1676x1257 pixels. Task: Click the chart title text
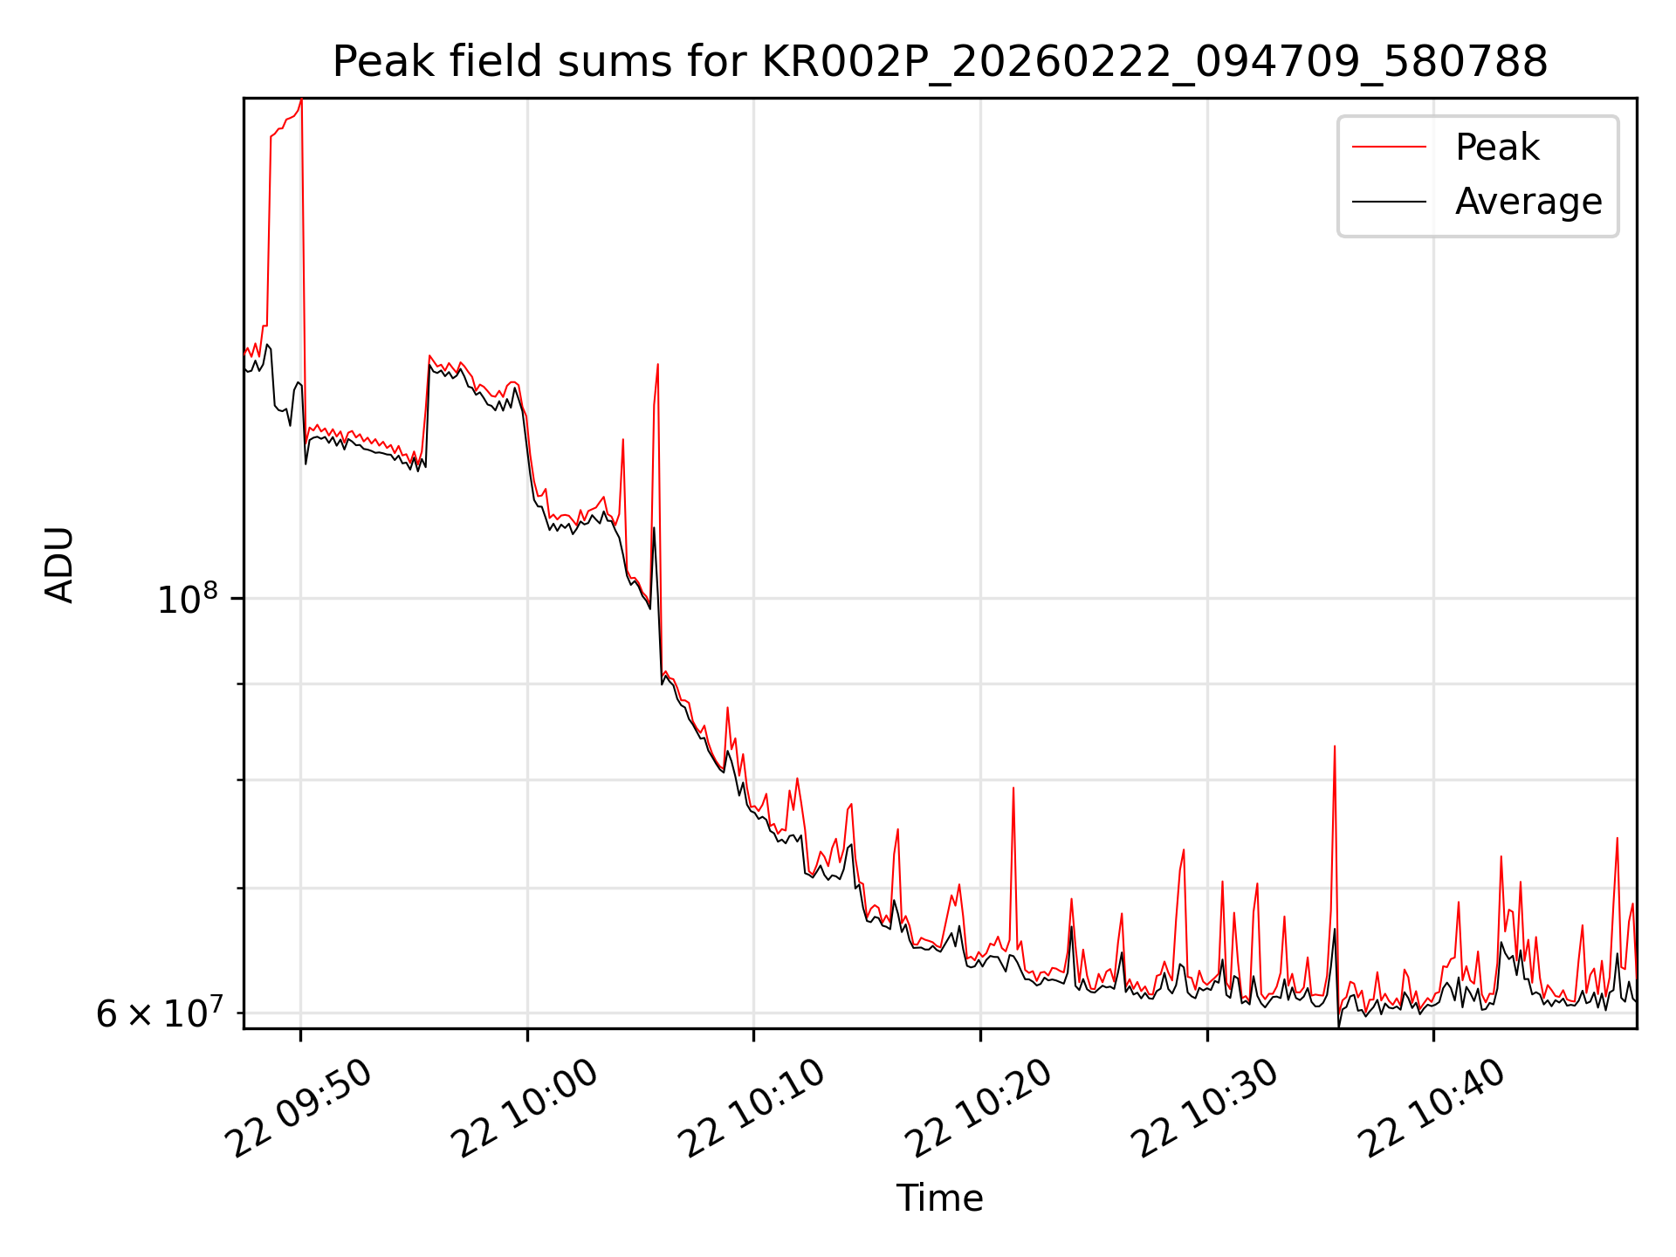point(939,62)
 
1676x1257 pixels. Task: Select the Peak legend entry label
point(1496,148)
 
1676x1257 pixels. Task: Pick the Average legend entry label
point(1528,202)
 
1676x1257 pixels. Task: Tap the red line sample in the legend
point(1389,148)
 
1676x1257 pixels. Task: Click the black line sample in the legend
point(1389,202)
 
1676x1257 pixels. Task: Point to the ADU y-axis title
point(59,564)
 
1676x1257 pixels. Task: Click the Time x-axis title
point(939,1199)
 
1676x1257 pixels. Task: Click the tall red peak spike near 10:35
point(1334,747)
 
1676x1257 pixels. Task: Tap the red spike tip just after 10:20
point(1013,788)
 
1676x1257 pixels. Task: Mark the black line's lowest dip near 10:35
point(1339,1027)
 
